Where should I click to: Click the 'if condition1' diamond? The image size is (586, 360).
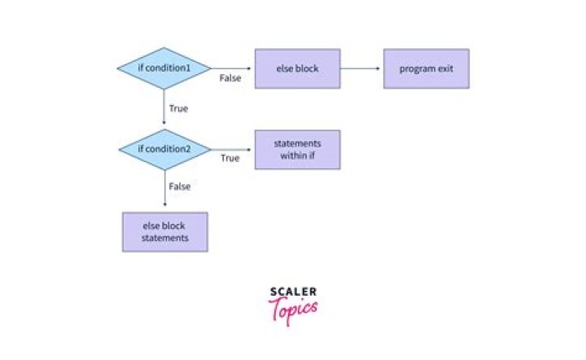pyautogui.click(x=164, y=68)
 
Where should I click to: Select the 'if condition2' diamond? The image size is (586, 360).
pyautogui.click(x=164, y=150)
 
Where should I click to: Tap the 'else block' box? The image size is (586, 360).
pyautogui.click(x=297, y=68)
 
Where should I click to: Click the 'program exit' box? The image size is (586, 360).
pyautogui.click(x=426, y=68)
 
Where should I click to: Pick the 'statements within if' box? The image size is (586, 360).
pyautogui.click(x=297, y=150)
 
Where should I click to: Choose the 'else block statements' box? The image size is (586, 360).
pyautogui.click(x=164, y=232)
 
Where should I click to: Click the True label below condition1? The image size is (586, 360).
pyautogui.click(x=178, y=108)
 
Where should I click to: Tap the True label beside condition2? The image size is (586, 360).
pyautogui.click(x=230, y=158)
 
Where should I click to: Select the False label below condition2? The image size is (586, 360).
pyautogui.click(x=179, y=187)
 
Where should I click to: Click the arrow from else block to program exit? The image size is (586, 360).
pyautogui.click(x=361, y=68)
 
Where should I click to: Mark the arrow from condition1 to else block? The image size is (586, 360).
pyautogui.click(x=233, y=68)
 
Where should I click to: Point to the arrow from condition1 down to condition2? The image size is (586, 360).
pyautogui.click(x=164, y=108)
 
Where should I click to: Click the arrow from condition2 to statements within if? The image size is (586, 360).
pyautogui.click(x=233, y=150)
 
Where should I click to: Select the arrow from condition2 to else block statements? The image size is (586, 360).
pyautogui.click(x=164, y=190)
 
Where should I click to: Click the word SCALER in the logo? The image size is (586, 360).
pyautogui.click(x=293, y=292)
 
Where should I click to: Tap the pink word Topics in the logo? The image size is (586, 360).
pyautogui.click(x=293, y=309)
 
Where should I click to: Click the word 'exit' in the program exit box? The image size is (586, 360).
pyautogui.click(x=444, y=68)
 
